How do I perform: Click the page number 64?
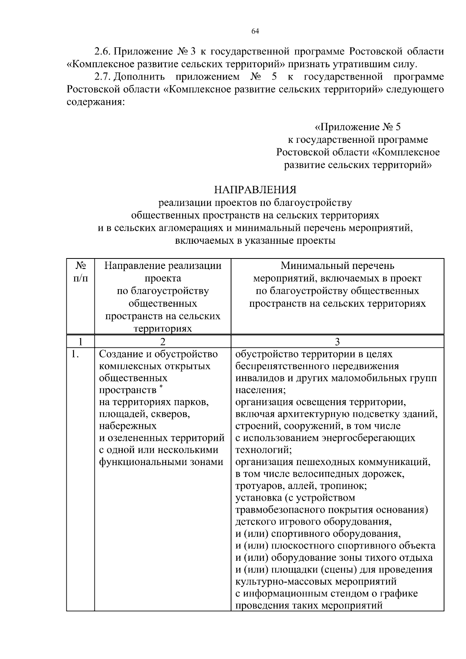[x=255, y=31]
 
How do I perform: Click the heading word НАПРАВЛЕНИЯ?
[x=255, y=190]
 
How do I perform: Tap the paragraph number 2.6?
[x=103, y=51]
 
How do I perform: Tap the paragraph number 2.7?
[x=103, y=76]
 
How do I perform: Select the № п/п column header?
[x=80, y=272]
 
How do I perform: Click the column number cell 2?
[x=162, y=342]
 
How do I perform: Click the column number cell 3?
[x=337, y=342]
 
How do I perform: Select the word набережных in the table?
[x=128, y=426]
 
